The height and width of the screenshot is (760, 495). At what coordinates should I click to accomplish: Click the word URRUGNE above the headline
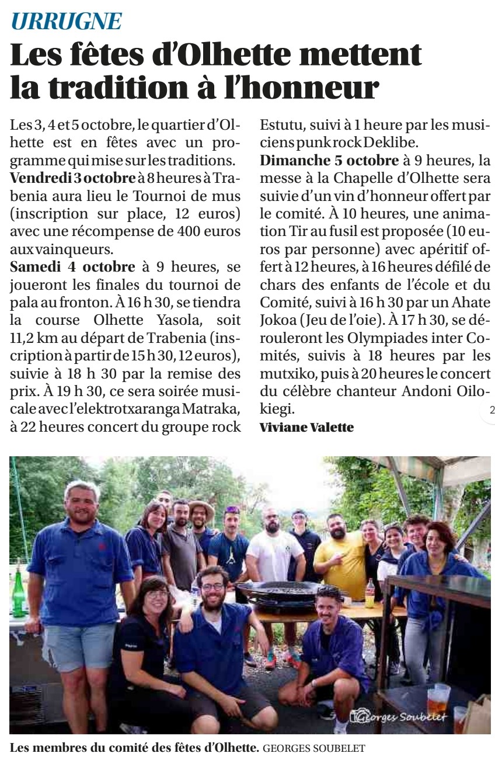pos(67,22)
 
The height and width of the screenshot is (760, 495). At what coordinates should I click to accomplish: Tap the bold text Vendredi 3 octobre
pos(73,177)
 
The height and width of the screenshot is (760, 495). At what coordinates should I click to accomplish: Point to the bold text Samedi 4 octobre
pos(73,268)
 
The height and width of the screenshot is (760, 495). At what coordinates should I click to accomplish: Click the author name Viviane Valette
pos(306,428)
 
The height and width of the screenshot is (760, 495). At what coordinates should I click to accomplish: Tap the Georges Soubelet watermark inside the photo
pos(398,716)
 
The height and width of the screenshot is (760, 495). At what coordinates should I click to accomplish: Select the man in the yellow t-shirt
pos(340,555)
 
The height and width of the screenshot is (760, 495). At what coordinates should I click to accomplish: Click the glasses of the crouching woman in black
pos(157,594)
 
